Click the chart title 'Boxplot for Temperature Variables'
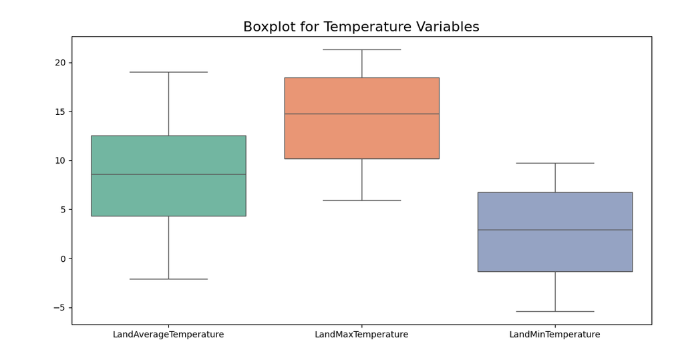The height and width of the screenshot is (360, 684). (x=361, y=27)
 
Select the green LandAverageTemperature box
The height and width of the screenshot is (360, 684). (x=168, y=176)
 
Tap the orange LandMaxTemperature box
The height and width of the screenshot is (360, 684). (x=361, y=118)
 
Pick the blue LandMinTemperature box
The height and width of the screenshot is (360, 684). (x=555, y=232)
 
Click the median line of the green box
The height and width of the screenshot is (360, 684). (x=168, y=174)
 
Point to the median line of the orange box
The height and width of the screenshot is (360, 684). (x=361, y=114)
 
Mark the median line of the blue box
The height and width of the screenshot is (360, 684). (x=555, y=230)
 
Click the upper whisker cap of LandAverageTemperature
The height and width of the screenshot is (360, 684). (x=168, y=72)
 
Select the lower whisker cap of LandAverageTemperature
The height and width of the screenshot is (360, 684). (x=168, y=279)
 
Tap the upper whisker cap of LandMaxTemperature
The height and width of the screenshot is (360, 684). (x=361, y=49)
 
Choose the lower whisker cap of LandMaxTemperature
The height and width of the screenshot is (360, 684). (x=361, y=201)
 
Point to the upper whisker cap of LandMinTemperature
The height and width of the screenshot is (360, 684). (x=555, y=163)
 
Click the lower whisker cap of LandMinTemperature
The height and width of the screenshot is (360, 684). (x=555, y=311)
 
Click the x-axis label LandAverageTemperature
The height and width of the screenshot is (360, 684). (x=168, y=335)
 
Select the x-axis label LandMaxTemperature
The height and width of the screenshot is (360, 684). (x=361, y=335)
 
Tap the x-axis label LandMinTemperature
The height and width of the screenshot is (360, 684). (x=555, y=335)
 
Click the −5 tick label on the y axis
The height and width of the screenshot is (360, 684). (x=59, y=308)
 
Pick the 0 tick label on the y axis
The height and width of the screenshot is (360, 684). (x=63, y=259)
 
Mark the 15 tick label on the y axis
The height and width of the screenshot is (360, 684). (x=60, y=112)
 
